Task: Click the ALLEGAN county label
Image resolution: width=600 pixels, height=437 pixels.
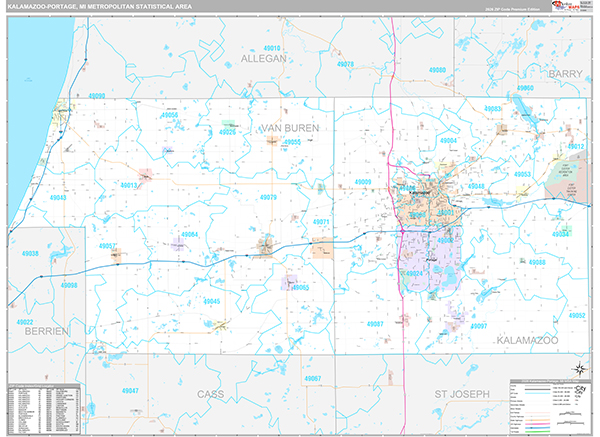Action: (x=264, y=59)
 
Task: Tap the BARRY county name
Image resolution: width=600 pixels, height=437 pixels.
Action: (x=565, y=74)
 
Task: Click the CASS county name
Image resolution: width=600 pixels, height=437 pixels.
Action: (x=211, y=394)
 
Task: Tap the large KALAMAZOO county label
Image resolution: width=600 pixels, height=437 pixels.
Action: (x=531, y=341)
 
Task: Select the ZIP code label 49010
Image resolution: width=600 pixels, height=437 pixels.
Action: (x=271, y=47)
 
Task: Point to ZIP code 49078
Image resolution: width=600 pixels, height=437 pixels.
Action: (x=345, y=64)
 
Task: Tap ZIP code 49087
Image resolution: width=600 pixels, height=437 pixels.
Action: (x=375, y=325)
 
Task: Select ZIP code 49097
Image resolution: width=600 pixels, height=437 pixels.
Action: (x=479, y=327)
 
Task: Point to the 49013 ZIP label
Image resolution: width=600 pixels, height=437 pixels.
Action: (x=129, y=185)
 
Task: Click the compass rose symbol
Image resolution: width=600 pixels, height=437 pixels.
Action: (x=580, y=372)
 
